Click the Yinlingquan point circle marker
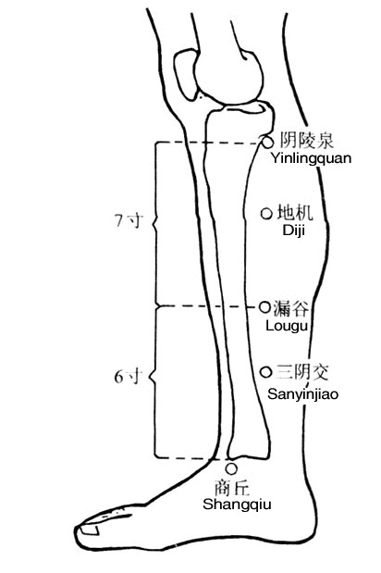[x=267, y=142]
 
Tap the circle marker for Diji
[x=266, y=214]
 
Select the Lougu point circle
[x=264, y=307]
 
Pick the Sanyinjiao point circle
[x=266, y=372]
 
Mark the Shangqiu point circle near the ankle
[x=231, y=468]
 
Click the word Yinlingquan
[x=311, y=158]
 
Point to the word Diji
[x=294, y=230]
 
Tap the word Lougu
[x=287, y=326]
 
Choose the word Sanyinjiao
[x=302, y=394]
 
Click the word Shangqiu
[x=237, y=504]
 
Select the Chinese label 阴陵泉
[x=306, y=141]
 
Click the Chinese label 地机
[x=295, y=213]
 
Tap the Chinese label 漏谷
[x=291, y=308]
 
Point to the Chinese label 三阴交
[x=302, y=373]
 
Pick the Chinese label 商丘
[x=232, y=488]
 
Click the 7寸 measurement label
[x=128, y=220]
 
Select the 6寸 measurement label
[x=127, y=377]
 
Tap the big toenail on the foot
[x=90, y=529]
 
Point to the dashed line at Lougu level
[x=208, y=306]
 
